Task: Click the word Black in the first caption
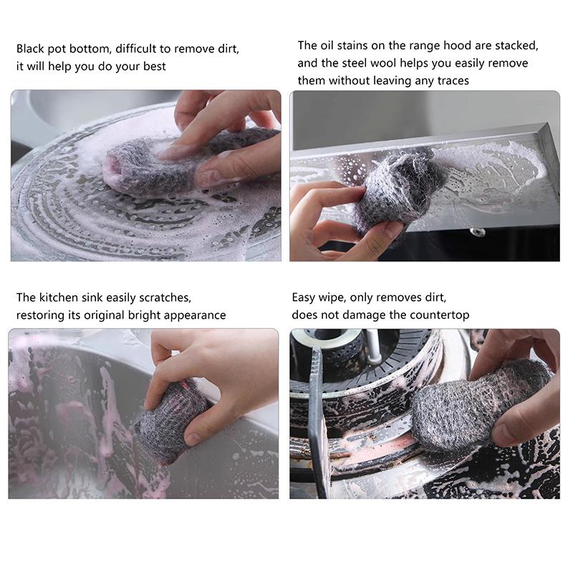pos(31,49)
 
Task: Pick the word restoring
pos(39,315)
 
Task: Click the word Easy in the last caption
pos(304,297)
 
